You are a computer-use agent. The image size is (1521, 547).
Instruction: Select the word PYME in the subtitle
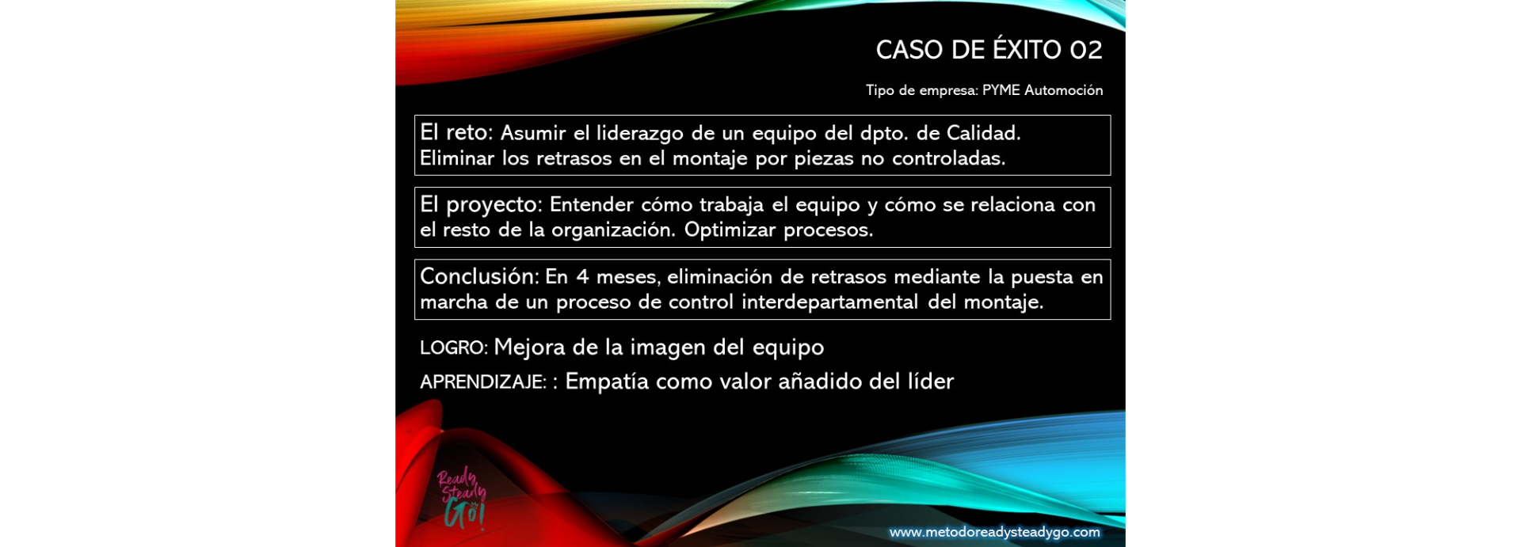1001,90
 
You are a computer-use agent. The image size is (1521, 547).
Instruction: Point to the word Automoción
1063,90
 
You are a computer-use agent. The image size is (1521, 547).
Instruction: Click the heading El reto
456,132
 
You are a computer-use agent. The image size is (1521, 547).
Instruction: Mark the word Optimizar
730,230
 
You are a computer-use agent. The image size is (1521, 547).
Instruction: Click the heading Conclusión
479,276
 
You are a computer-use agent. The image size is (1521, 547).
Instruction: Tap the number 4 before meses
583,277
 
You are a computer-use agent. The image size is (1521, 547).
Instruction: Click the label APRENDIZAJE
483,382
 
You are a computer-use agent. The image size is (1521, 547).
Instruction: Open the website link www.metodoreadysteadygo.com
994,533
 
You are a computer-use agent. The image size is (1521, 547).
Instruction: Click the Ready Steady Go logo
461,497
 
